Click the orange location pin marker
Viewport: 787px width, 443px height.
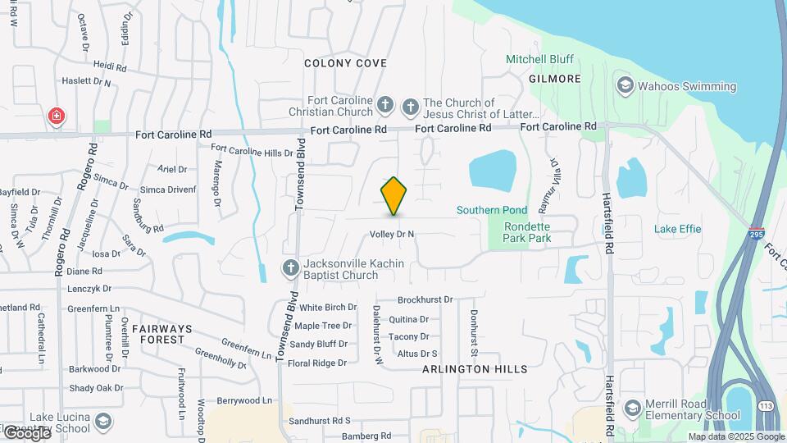tap(394, 195)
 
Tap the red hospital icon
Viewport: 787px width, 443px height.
tap(56, 116)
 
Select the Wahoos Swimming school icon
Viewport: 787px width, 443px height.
tap(626, 86)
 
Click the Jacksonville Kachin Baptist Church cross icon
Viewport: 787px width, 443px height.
tap(289, 268)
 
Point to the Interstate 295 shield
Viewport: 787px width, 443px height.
tap(756, 233)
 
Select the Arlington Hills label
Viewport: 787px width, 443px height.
tap(475, 369)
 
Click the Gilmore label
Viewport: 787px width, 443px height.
tap(555, 79)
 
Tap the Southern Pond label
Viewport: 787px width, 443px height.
tap(492, 210)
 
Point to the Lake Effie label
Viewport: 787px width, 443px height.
tap(678, 229)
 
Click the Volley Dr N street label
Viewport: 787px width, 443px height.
tap(392, 234)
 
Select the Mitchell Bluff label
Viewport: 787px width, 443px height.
tap(539, 59)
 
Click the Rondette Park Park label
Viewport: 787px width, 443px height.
tap(527, 232)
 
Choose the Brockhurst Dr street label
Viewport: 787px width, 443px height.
tap(425, 300)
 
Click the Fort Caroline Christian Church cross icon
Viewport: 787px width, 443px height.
tap(385, 105)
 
